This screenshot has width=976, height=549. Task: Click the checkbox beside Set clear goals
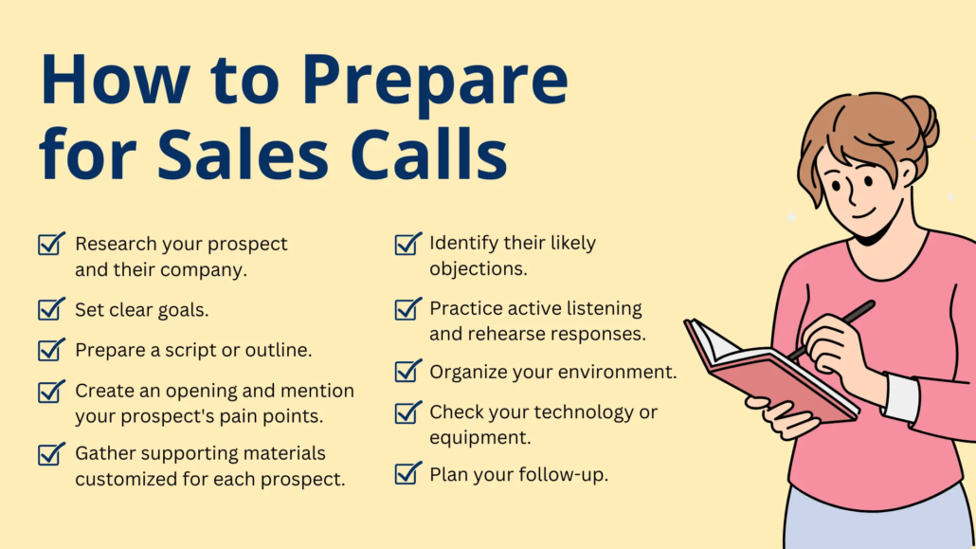coord(51,309)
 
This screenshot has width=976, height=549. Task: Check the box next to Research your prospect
coord(51,244)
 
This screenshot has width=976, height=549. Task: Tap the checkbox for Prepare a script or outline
coord(51,349)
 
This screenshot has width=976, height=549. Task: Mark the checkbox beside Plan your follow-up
coord(407,473)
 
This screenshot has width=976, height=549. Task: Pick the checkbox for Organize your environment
coord(407,371)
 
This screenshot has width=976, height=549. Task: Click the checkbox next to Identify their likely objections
coord(407,244)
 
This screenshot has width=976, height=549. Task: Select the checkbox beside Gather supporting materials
coord(51,453)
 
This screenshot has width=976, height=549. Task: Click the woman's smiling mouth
coord(863,214)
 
